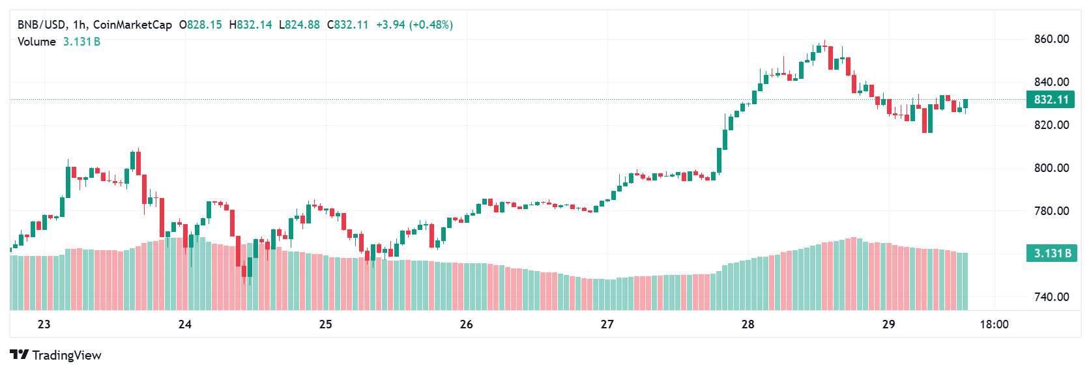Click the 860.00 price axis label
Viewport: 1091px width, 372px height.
(x=1051, y=39)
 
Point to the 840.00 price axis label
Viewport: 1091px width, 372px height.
(x=1051, y=82)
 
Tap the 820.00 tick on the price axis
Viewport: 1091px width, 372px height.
(x=1051, y=125)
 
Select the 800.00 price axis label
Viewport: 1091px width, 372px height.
(x=1051, y=168)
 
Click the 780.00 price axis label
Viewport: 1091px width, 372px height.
(x=1051, y=211)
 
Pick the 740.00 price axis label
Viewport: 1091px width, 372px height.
(x=1051, y=297)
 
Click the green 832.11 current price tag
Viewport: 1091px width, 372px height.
(x=1051, y=100)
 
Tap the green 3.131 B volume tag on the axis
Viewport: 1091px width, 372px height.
(x=1051, y=253)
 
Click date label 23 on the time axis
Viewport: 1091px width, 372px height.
(x=44, y=324)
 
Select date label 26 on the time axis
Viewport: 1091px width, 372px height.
(x=466, y=324)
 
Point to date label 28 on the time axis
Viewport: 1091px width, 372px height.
(x=748, y=324)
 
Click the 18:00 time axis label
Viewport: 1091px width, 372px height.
(x=994, y=324)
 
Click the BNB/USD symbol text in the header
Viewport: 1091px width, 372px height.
(x=41, y=25)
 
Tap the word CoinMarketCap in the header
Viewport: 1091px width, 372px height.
(x=132, y=25)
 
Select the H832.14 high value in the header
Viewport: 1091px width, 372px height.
(x=250, y=25)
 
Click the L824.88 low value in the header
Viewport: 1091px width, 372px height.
(x=299, y=25)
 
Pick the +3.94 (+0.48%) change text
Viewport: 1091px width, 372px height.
(x=415, y=25)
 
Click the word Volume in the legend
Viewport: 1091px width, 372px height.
(x=36, y=42)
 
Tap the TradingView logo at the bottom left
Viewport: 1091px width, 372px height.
(x=56, y=355)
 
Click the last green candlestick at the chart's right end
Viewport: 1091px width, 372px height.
(x=965, y=104)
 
